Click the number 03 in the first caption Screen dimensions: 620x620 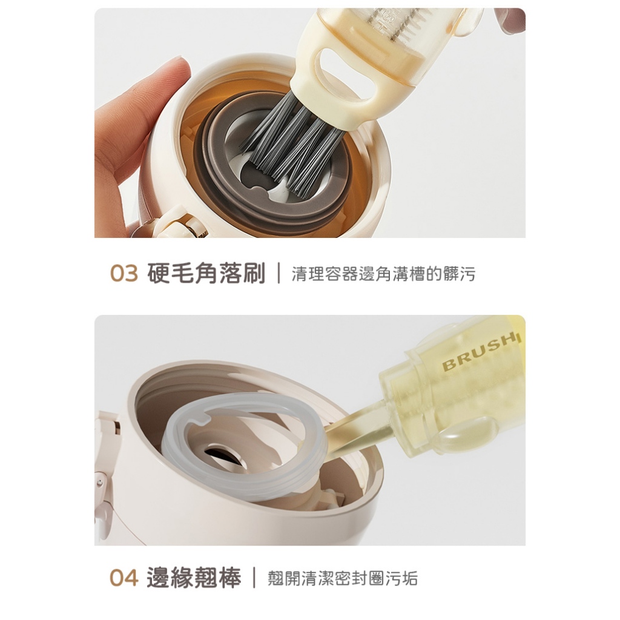point(124,273)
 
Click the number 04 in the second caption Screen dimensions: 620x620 point(124,578)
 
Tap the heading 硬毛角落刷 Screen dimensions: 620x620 point(206,273)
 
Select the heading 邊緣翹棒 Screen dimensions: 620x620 point(194,578)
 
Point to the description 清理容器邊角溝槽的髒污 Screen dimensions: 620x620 point(383,274)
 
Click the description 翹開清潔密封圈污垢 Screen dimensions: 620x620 point(343,578)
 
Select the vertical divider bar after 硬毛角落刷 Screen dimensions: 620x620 point(279,273)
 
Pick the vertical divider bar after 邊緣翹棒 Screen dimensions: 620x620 point(254,578)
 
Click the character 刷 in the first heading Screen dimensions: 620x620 point(254,273)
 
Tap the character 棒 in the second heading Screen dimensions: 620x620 point(229,578)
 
